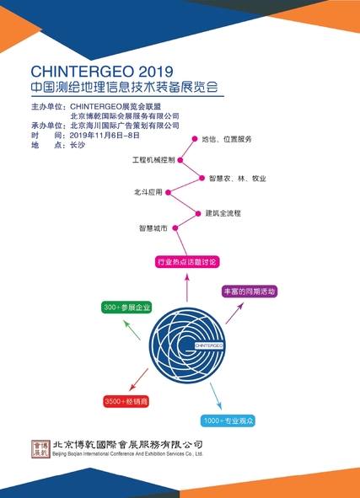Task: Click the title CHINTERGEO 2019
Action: pos(102,72)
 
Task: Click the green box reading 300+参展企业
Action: pos(126,308)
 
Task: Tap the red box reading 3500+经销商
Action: pos(126,401)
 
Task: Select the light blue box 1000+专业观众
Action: pos(228,420)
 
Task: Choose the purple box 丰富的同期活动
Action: pos(250,292)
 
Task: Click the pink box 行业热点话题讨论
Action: pos(187,262)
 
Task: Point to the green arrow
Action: pos(132,330)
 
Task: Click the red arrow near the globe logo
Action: pos(139,379)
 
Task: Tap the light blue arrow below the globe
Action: pos(216,396)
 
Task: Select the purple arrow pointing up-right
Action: pos(235,313)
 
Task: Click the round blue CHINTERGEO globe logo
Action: pos(187,345)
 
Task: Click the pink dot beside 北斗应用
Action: pos(169,192)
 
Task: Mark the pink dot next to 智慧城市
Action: pos(175,228)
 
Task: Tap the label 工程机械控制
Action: pos(153,160)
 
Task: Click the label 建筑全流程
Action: pos(223,213)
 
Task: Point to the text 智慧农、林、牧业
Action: pos(238,179)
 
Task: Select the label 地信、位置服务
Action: pos(227,139)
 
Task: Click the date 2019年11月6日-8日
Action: pos(105,136)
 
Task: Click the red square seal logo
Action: pos(40,449)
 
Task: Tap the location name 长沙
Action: pos(78,145)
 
